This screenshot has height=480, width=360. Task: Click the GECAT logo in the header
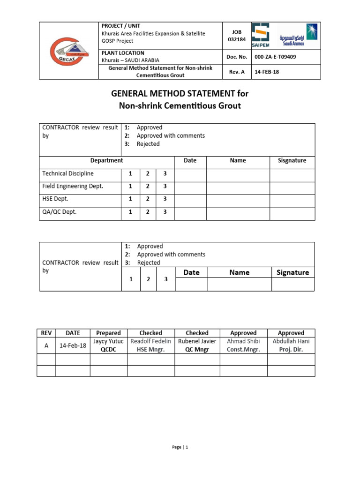click(x=68, y=50)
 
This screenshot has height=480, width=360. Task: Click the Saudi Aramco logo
click(x=298, y=35)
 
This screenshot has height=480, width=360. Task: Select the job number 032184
click(x=237, y=39)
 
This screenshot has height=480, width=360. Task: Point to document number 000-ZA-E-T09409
click(x=275, y=57)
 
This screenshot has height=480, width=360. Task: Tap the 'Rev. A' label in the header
click(x=237, y=72)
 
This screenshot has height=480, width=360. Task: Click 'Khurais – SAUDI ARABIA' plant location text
click(x=130, y=60)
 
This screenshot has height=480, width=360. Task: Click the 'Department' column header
click(x=106, y=160)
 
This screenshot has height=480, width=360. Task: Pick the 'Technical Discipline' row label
click(x=68, y=173)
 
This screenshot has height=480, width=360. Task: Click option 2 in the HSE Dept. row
click(x=148, y=199)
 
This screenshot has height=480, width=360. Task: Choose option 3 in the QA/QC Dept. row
click(x=165, y=212)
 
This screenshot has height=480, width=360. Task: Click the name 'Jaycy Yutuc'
click(x=108, y=341)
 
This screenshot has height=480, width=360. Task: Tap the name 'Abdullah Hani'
click(x=291, y=341)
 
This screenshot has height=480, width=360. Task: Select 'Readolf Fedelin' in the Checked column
click(x=150, y=341)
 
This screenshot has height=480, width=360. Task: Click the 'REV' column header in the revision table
click(x=46, y=333)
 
